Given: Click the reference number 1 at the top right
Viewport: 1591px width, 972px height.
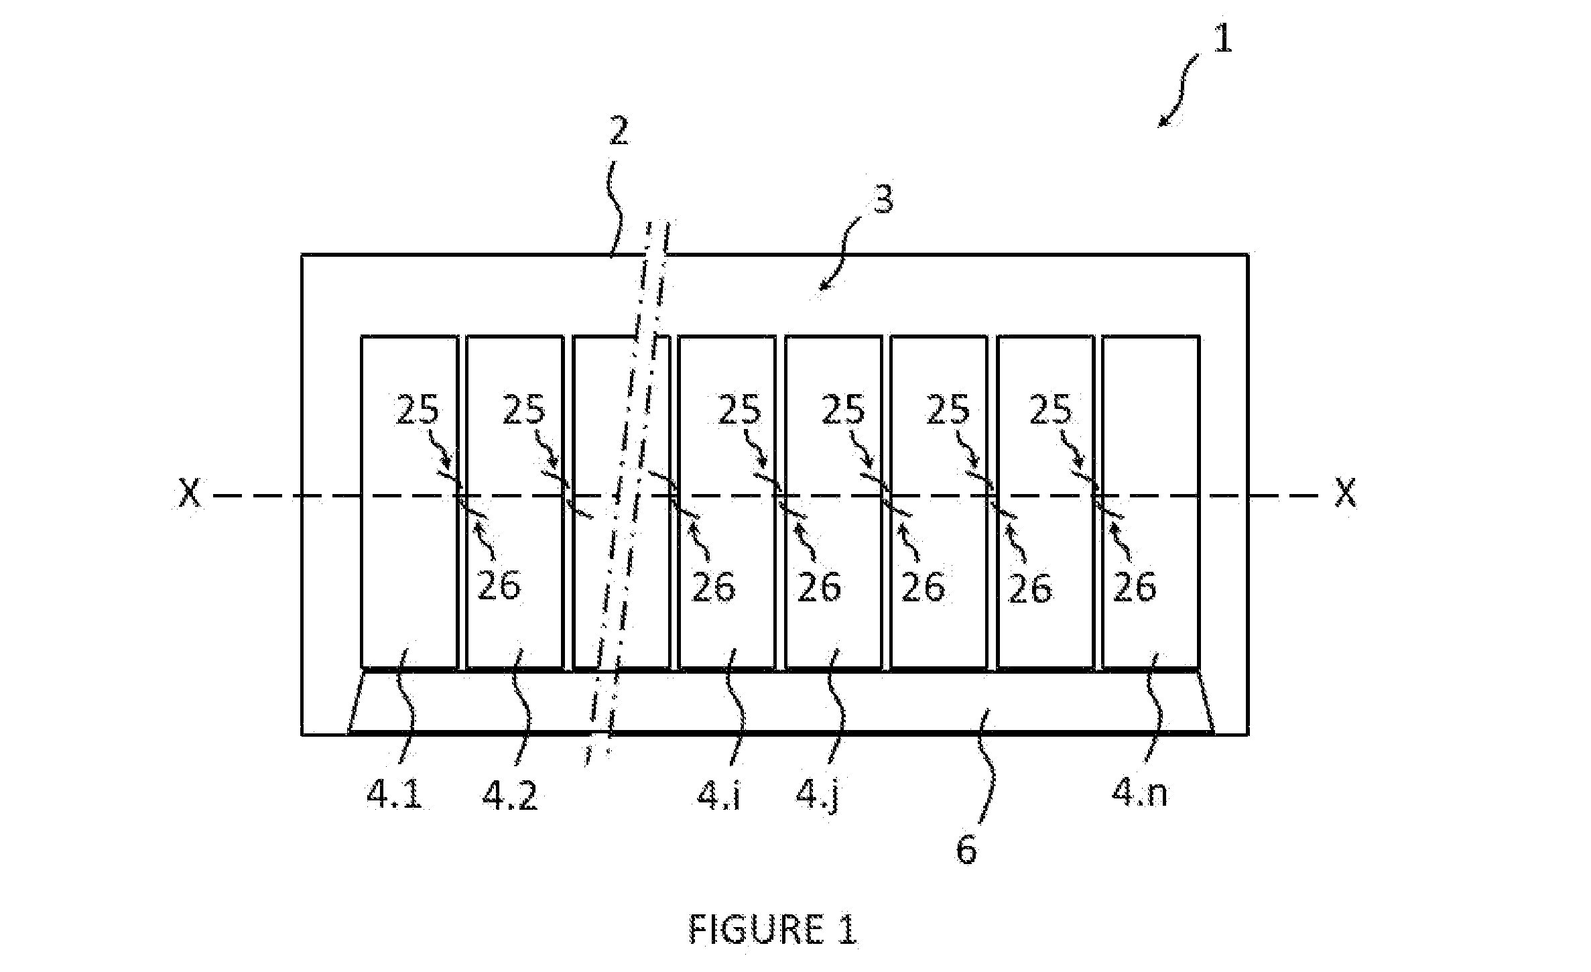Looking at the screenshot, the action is [x=1222, y=39].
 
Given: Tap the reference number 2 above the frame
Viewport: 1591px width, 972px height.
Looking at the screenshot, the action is [x=618, y=132].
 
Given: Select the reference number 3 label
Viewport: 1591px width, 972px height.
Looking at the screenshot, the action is [x=883, y=198].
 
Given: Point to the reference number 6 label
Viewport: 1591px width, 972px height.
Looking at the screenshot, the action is [x=966, y=850].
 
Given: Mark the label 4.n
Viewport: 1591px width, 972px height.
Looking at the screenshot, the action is [x=1140, y=794].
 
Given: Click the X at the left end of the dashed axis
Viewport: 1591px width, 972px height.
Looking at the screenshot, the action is [x=190, y=494].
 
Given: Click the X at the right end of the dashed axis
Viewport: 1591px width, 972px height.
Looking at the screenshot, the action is [x=1346, y=494].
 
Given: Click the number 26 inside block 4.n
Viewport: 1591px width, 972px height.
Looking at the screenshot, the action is [x=1135, y=587].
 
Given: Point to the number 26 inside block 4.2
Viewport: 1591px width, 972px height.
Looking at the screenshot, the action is [x=499, y=585].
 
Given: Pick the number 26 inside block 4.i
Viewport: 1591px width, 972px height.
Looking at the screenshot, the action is [x=713, y=587].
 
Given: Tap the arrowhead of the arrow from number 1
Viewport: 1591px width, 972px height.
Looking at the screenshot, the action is [x=1161, y=123].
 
